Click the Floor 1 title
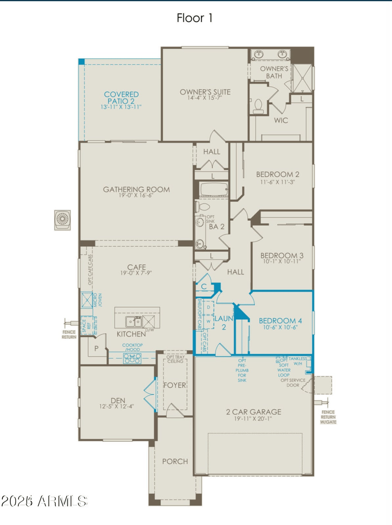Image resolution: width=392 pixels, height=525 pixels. click(x=195, y=18)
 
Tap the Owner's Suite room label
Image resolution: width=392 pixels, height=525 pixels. click(x=205, y=92)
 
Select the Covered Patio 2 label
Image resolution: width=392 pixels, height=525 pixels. click(x=121, y=95)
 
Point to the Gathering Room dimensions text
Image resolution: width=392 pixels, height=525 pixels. click(x=136, y=196)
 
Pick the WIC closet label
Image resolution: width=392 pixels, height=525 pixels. click(x=281, y=119)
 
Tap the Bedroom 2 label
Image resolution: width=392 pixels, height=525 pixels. click(x=278, y=174)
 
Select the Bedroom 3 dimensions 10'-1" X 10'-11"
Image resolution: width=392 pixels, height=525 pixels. click(x=282, y=262)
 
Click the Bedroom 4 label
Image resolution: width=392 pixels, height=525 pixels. click(x=281, y=321)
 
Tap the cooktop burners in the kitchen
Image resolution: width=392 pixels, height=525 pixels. click(x=133, y=358)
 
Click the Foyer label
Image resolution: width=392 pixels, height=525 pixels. click(x=175, y=385)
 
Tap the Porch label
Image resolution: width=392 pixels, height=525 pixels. click(x=175, y=461)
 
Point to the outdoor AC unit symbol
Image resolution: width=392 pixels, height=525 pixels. click(x=62, y=219)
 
